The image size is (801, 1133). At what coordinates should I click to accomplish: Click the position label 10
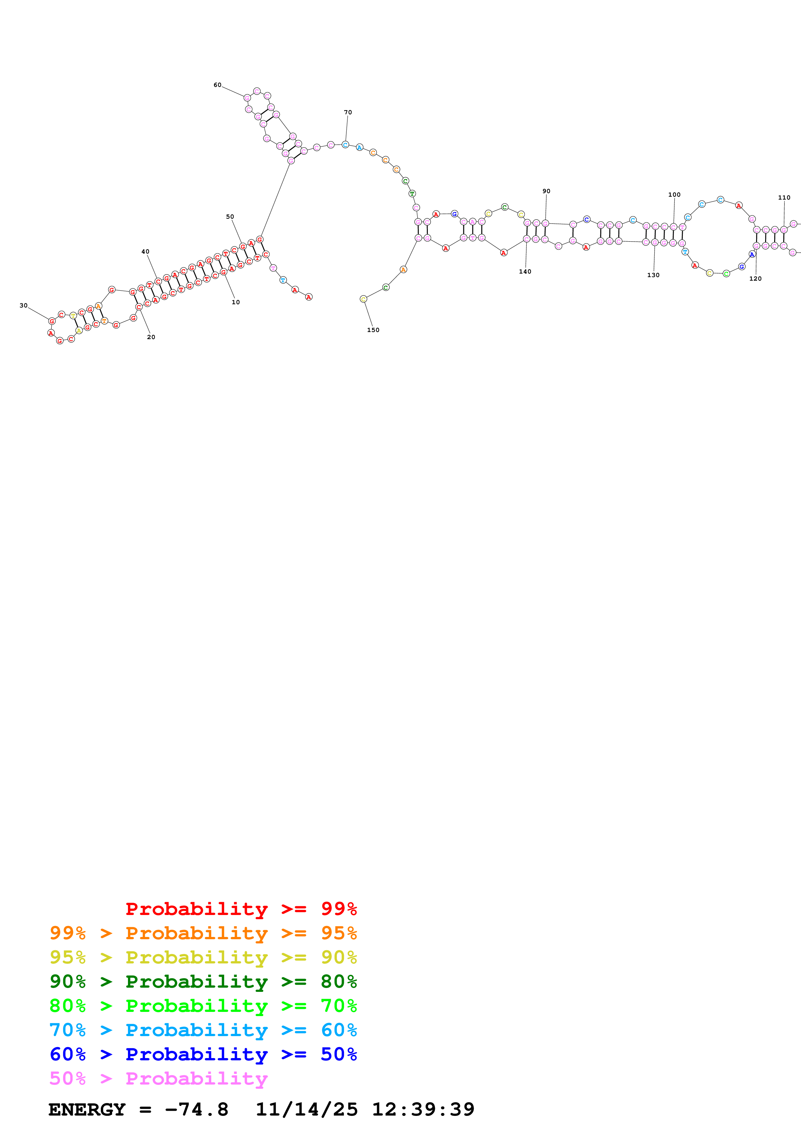point(236,302)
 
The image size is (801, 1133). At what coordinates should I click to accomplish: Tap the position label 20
point(151,337)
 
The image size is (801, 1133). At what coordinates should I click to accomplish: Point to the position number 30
point(24,306)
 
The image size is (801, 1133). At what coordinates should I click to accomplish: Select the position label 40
point(146,252)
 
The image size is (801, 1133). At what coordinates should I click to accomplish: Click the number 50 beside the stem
point(230,217)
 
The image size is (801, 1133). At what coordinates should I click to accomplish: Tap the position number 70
point(348,112)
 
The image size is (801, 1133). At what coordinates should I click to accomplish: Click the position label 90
point(546,191)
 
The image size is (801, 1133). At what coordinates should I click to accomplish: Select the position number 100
point(674,194)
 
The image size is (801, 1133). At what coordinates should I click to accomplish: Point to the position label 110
point(784,197)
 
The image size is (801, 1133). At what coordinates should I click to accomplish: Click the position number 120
point(755,278)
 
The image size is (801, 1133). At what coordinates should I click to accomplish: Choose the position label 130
point(653,275)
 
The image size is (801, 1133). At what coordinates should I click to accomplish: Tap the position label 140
point(525,271)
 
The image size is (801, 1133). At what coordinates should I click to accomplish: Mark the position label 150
point(373,330)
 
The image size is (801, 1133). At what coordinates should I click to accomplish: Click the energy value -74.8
point(196,1110)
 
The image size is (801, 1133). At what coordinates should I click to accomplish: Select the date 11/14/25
point(307,1110)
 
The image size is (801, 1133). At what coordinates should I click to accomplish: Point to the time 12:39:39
point(423,1110)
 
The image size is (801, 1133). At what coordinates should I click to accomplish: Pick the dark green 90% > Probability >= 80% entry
point(203,982)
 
